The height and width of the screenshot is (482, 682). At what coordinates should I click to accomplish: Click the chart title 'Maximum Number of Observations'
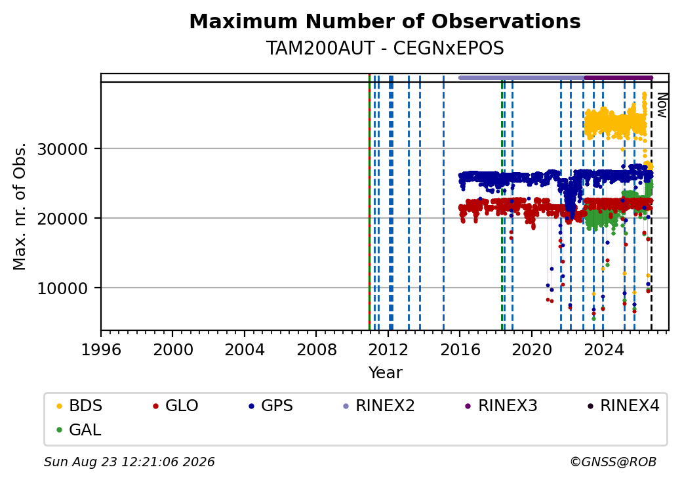[385, 21]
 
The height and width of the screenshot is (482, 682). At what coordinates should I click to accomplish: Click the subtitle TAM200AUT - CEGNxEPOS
[385, 49]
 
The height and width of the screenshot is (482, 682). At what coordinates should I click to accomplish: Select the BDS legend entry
[79, 406]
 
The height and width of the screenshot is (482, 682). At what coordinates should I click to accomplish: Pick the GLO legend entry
[176, 406]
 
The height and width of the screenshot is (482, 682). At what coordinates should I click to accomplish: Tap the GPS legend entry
[271, 406]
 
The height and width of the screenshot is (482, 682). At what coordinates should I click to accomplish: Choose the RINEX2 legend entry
[379, 406]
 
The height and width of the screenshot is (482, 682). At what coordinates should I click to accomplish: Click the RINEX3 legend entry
[502, 406]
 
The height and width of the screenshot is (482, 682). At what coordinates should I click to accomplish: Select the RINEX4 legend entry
[624, 406]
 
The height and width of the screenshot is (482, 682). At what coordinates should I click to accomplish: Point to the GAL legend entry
[79, 429]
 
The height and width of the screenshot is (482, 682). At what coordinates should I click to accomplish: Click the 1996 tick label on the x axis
[101, 349]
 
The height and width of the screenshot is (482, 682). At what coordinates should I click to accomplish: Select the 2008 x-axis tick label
[316, 349]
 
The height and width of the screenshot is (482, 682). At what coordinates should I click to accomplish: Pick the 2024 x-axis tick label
[603, 349]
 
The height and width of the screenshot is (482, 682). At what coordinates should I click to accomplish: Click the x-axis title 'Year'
[385, 373]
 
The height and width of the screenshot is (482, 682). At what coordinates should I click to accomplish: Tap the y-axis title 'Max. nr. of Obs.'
[20, 206]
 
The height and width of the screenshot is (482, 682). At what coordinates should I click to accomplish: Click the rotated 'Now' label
[662, 105]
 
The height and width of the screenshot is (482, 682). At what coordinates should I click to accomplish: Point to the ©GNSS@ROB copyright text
[613, 462]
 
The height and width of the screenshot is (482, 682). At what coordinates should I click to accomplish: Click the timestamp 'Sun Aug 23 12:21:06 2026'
[129, 462]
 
